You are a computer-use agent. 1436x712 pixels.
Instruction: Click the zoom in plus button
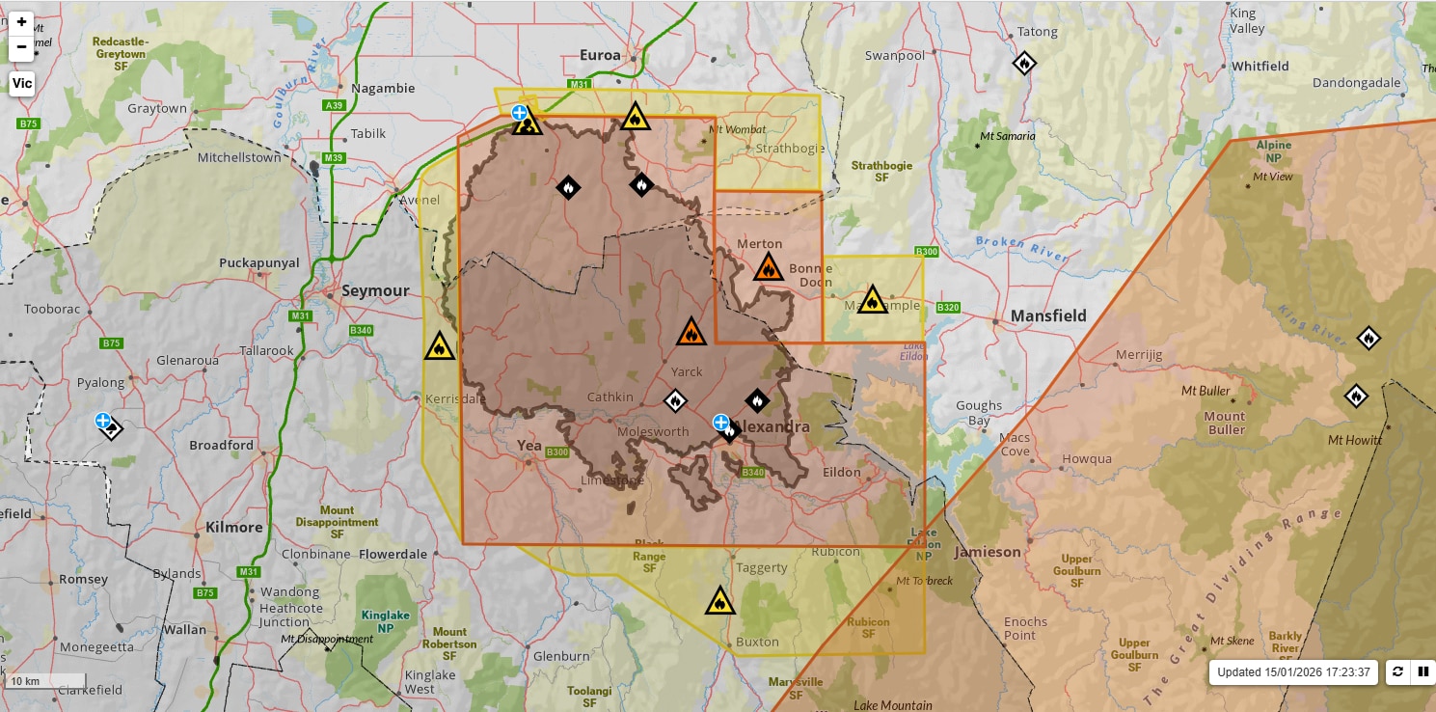[21, 22]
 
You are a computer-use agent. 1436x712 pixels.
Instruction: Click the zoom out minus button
[21, 46]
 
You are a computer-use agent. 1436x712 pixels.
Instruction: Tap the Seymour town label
[375, 291]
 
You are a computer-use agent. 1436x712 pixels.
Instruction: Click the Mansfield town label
[1048, 315]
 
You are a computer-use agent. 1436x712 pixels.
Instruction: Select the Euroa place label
[600, 55]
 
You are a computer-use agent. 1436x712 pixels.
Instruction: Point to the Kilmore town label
[234, 528]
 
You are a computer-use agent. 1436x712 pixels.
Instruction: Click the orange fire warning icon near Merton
[769, 267]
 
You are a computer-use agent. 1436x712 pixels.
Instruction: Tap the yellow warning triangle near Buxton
[719, 601]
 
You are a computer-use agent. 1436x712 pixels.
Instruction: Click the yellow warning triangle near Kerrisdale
[439, 346]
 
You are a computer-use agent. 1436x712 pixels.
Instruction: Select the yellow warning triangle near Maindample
[872, 300]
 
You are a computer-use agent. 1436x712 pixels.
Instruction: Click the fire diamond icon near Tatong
[1024, 64]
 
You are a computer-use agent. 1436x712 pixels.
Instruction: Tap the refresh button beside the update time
[1397, 671]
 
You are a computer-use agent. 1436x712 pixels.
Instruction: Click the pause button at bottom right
[1422, 671]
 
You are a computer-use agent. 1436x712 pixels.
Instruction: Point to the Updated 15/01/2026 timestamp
[1292, 672]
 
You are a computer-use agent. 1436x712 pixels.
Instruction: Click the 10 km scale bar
[45, 681]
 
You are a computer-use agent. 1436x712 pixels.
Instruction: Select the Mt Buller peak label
[1206, 391]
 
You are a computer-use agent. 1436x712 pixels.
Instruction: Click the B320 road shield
[948, 308]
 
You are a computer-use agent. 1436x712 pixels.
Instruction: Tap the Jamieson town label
[987, 552]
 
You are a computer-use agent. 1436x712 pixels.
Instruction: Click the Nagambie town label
[383, 88]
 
